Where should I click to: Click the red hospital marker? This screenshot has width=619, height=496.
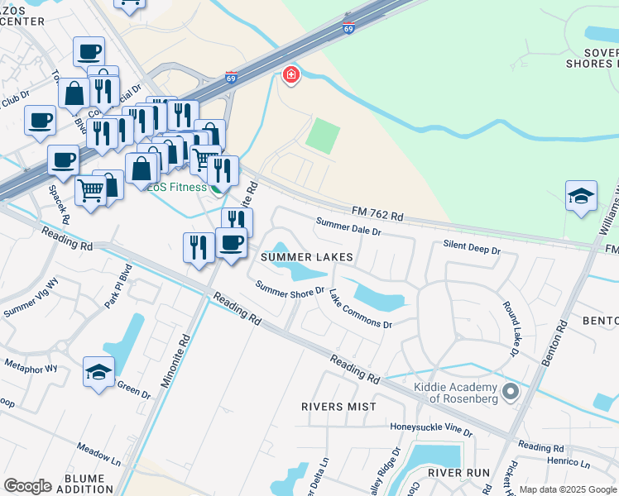[x=290, y=76]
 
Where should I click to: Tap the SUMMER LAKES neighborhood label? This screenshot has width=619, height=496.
[x=307, y=257]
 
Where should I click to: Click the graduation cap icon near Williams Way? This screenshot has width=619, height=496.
[x=581, y=198]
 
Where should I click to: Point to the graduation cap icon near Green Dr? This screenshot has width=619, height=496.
[x=98, y=373]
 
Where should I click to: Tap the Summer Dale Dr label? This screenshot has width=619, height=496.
[x=348, y=227]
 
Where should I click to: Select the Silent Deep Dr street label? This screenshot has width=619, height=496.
[x=473, y=248]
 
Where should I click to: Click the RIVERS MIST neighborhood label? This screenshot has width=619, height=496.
[x=333, y=407]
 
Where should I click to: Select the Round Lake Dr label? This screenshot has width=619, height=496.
[x=509, y=328]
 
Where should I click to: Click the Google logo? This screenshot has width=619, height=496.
[x=27, y=486]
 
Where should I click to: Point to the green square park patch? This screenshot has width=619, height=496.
[x=323, y=135]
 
